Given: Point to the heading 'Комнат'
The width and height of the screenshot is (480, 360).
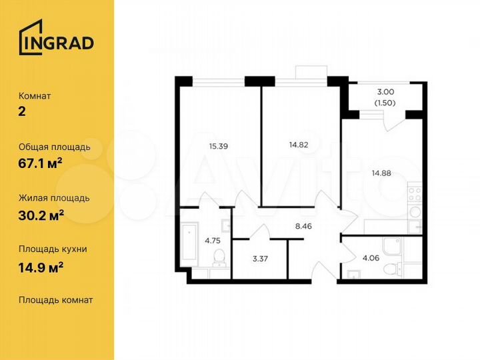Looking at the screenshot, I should [x=35, y=95].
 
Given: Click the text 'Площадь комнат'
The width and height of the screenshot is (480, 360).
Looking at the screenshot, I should [x=56, y=300].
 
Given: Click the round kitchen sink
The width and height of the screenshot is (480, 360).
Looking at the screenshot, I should [x=415, y=212].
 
